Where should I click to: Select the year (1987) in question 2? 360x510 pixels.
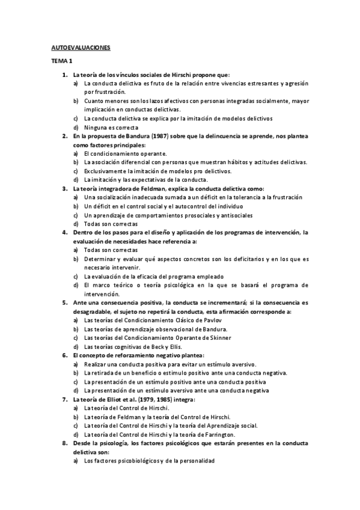coord(156,137)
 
